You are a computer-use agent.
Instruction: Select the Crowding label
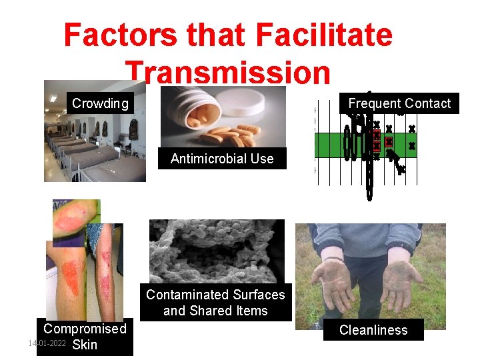pyautogui.click(x=100, y=103)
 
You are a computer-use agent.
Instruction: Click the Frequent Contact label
pyautogui.click(x=399, y=103)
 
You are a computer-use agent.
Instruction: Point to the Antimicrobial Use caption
pyautogui.click(x=222, y=159)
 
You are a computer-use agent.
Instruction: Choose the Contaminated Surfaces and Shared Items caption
pyautogui.click(x=215, y=303)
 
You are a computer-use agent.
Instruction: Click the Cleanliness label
pyautogui.click(x=373, y=330)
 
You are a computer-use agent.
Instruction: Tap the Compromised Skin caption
pyautogui.click(x=85, y=337)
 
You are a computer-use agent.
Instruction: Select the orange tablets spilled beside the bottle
pyautogui.click(x=233, y=133)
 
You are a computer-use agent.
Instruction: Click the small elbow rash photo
pyautogui.click(x=76, y=220)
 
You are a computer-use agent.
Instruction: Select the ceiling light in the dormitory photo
pyautogui.click(x=53, y=98)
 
